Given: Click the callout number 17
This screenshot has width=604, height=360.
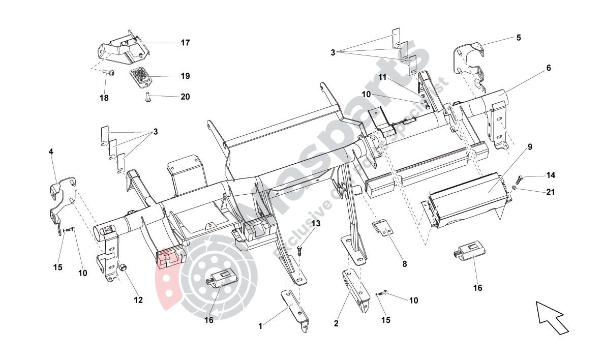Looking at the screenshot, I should point(185,43).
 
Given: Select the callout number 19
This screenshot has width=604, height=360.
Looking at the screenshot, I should point(185,76).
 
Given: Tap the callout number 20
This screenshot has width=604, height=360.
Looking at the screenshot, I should point(185,96).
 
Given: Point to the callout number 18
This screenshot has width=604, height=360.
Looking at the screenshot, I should point(104,98).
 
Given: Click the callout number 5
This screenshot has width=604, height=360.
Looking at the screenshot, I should point(518,38).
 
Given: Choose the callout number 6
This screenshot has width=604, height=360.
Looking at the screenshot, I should point(548,68).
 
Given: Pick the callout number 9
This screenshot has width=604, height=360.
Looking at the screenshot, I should point(530,147).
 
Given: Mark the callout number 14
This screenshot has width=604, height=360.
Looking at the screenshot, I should point(551,175).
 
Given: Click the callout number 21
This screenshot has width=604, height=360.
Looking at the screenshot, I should point(551,192).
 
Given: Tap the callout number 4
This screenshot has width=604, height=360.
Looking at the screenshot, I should point(51,152).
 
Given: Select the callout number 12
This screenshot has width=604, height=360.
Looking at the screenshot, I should point(138,300).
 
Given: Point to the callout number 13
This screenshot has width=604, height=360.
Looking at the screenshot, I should point(316,223).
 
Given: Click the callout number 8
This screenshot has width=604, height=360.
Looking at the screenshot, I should point(404,264).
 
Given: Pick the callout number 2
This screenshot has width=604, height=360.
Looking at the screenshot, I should point(336,323).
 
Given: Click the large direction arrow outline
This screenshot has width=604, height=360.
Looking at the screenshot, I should point(553,317).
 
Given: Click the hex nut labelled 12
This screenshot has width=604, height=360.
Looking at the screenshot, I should point(123,267).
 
